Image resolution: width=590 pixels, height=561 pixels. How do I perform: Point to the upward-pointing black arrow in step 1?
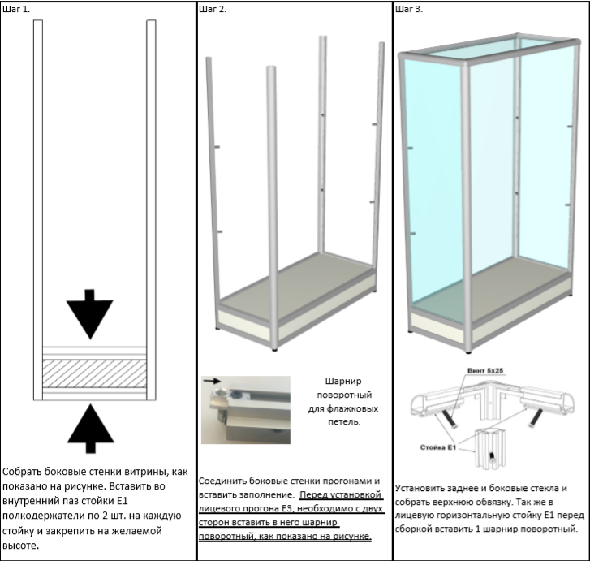91,427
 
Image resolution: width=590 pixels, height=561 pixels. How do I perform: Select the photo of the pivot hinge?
246,409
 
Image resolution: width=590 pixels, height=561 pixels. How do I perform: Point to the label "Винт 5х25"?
485,370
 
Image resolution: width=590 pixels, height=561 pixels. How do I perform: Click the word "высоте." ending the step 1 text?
23,545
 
